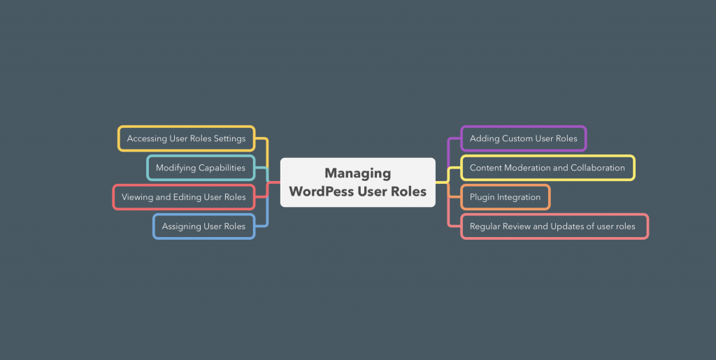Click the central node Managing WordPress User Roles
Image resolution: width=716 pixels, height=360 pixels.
pos(357,182)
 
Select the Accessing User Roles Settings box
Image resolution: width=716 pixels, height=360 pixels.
pos(186,138)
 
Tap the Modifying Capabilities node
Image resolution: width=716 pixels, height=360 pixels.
pos(201,168)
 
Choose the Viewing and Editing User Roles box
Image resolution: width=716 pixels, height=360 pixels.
pos(184,197)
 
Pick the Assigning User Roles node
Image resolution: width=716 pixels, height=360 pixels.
pos(203,226)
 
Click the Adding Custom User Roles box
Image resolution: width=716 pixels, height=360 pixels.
pos(524,138)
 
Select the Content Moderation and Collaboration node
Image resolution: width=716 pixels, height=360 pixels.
pos(547,168)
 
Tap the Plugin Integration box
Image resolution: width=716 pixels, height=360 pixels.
pos(505,197)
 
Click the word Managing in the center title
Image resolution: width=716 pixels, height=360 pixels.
pos(357,173)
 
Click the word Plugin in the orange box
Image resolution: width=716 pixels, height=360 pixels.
pos(482,197)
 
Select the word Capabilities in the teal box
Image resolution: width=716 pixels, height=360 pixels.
pos(222,168)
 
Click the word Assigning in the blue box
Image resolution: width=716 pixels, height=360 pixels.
pos(181,226)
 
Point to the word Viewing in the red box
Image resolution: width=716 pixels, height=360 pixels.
pos(137,197)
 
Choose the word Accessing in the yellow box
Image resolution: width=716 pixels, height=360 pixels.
pos(147,138)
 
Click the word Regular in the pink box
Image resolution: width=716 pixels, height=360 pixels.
pos(485,226)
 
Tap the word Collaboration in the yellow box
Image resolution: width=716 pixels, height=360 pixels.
pos(598,168)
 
